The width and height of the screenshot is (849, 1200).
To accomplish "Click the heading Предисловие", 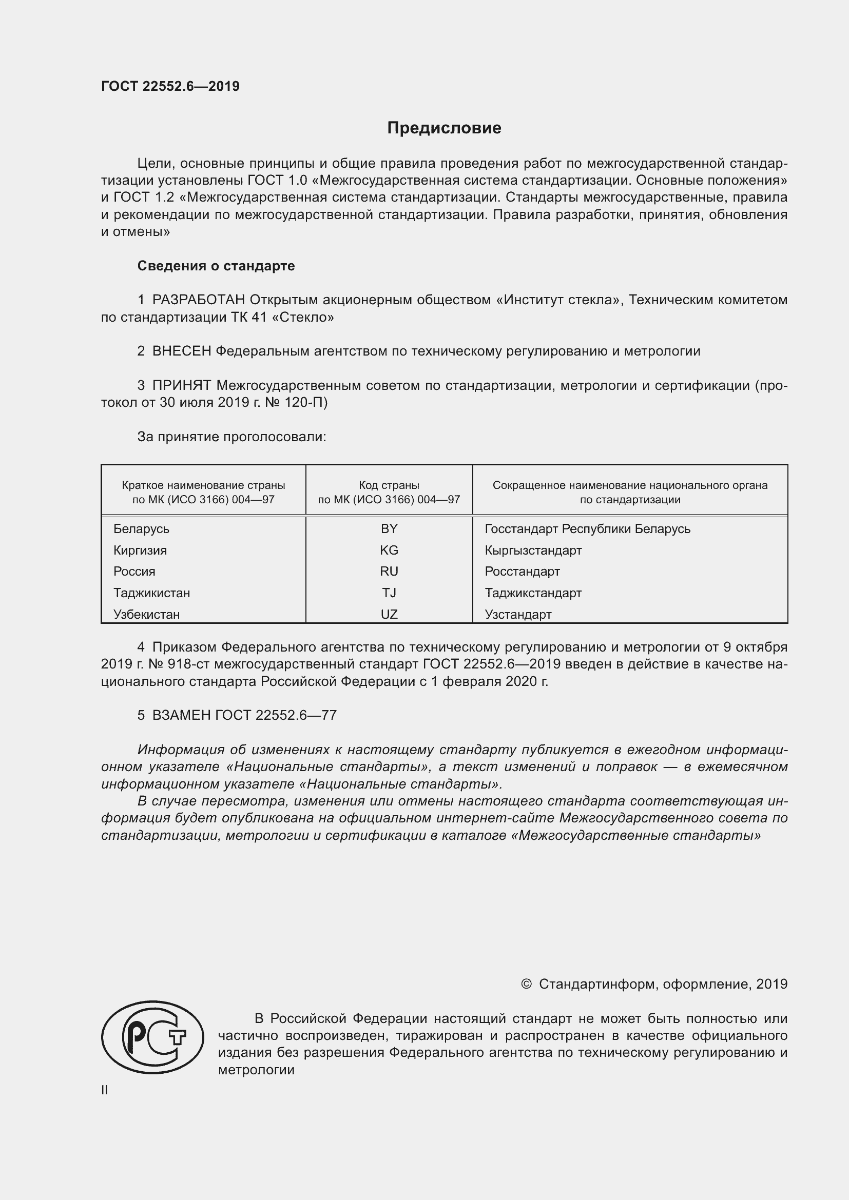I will [x=444, y=128].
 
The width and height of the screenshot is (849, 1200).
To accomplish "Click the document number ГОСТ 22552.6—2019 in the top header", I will [x=170, y=86].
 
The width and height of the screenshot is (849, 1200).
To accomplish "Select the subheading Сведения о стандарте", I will [x=216, y=266].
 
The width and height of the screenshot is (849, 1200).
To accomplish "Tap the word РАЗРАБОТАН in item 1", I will [x=199, y=300].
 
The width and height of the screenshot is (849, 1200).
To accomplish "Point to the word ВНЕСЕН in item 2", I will [x=181, y=351].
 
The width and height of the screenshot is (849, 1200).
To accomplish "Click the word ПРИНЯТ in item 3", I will [x=181, y=386].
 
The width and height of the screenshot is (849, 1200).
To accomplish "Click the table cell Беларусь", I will [x=141, y=529].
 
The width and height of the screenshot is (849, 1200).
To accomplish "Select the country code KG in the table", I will [x=389, y=550].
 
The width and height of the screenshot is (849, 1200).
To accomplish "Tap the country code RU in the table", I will [x=389, y=571].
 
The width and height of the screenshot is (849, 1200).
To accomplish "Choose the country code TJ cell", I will [x=389, y=593].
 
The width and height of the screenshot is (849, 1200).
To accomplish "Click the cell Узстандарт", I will [x=518, y=615].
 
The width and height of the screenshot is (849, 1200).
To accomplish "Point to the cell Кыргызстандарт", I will [x=533, y=550].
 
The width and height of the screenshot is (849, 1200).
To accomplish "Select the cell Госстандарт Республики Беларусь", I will [x=588, y=529].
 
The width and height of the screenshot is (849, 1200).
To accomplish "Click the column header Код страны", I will [x=389, y=485].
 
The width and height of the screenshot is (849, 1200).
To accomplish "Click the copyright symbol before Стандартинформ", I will [x=526, y=985].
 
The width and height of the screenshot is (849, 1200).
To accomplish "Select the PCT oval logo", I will [x=152, y=1037].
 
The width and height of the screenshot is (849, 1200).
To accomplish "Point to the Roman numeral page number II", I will [x=105, y=1090].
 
